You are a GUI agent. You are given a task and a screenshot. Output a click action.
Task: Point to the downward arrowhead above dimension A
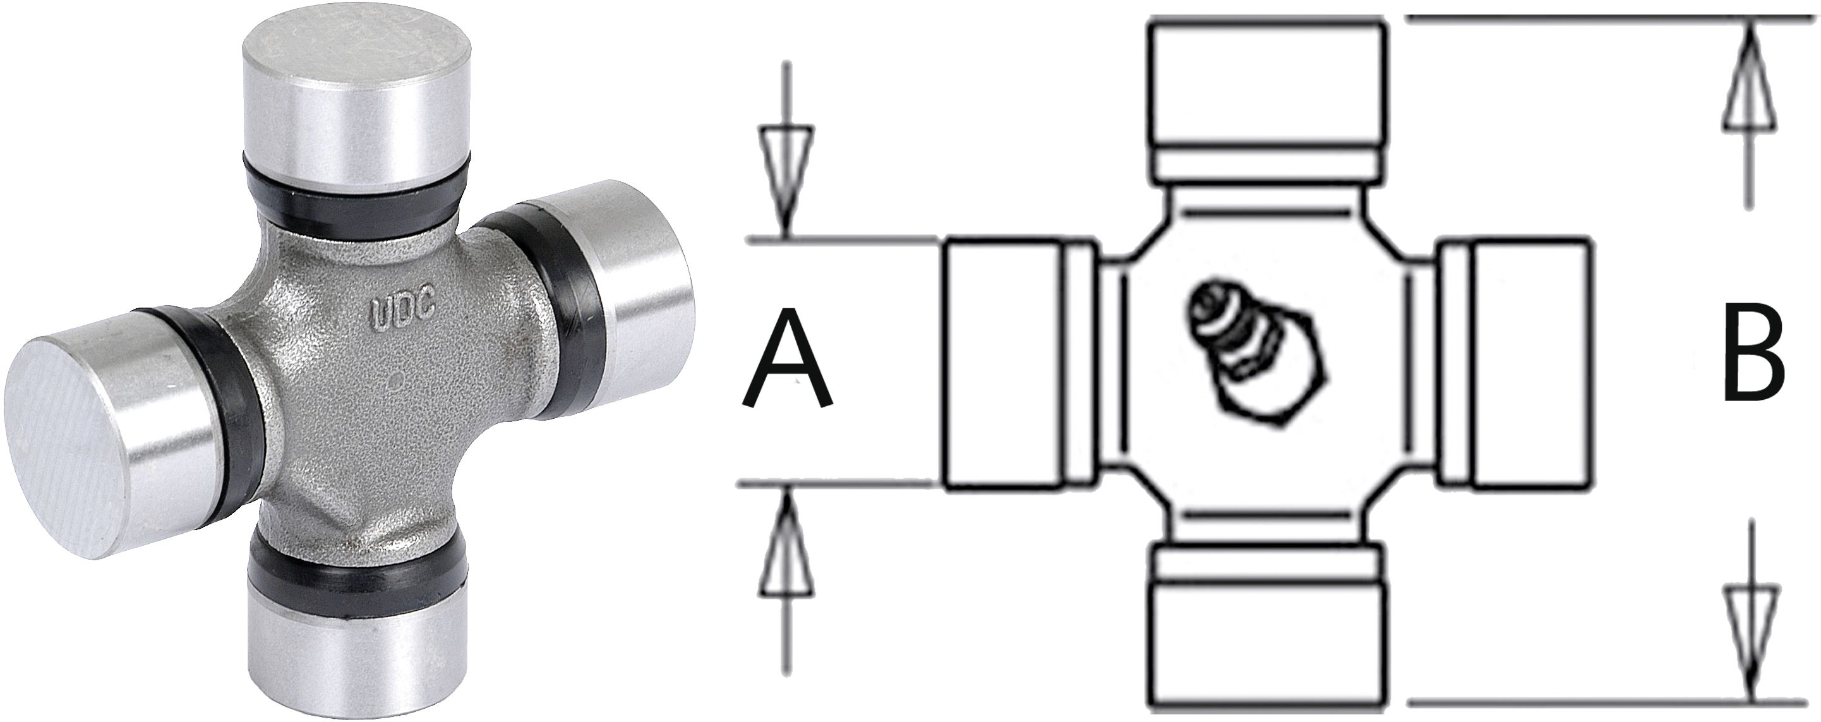pyautogui.click(x=785, y=176)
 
